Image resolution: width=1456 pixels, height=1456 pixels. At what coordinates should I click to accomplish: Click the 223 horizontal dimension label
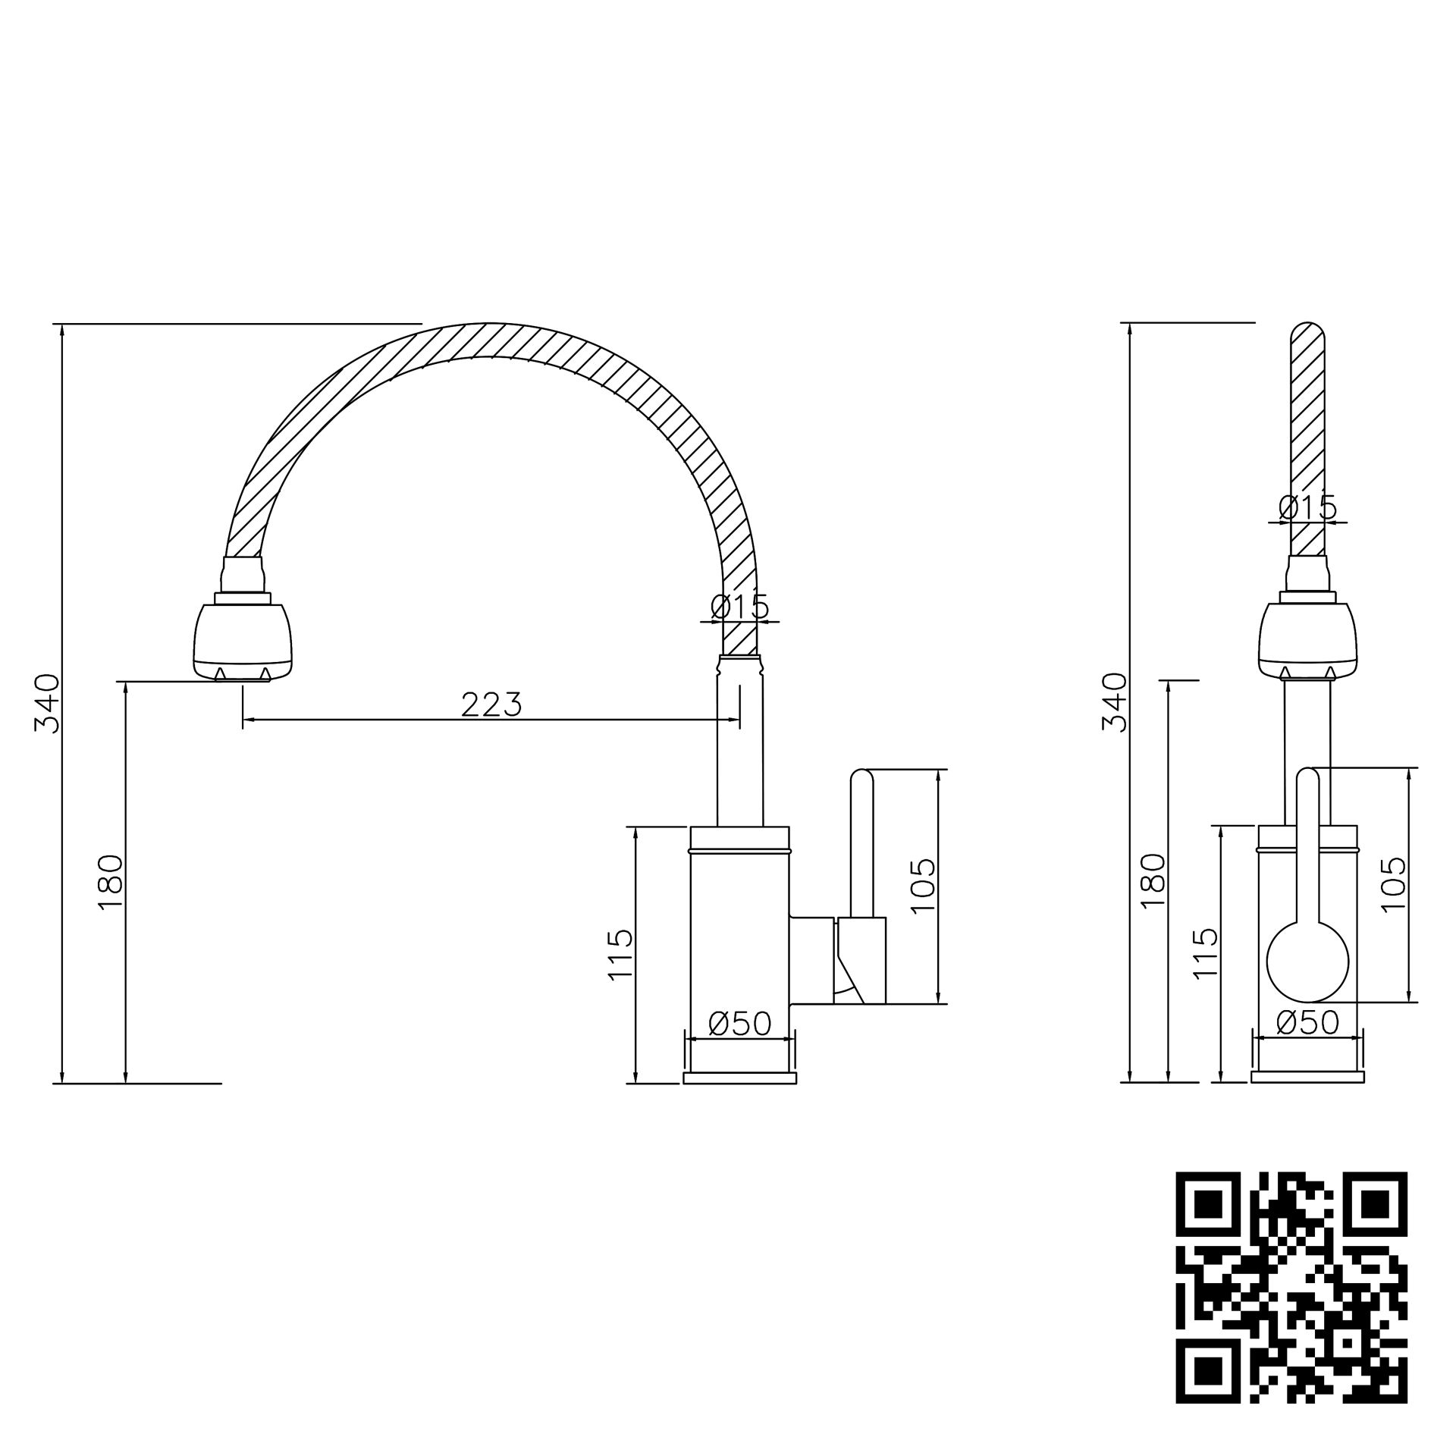pyautogui.click(x=491, y=705)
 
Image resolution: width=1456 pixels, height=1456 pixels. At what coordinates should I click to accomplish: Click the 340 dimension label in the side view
pyautogui.click(x=47, y=702)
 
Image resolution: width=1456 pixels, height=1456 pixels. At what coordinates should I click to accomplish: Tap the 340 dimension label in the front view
pyautogui.click(x=1114, y=701)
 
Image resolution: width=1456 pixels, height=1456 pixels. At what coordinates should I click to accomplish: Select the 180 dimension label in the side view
pyautogui.click(x=111, y=882)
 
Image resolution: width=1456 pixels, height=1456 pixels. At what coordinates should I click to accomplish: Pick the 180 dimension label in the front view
pyautogui.click(x=1153, y=881)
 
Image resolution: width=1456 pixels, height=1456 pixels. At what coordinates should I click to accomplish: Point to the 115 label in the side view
pyautogui.click(x=620, y=955)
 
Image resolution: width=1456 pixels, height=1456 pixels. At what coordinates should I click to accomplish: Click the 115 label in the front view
pyautogui.click(x=1205, y=954)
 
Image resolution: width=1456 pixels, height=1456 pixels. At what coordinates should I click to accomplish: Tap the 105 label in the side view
pyautogui.click(x=922, y=886)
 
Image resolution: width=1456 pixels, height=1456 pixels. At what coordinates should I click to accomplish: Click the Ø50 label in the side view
pyautogui.click(x=739, y=1024)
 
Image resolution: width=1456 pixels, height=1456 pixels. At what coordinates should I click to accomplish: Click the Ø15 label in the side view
pyautogui.click(x=739, y=607)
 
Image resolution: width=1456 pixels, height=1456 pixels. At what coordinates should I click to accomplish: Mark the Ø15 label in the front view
pyautogui.click(x=1307, y=507)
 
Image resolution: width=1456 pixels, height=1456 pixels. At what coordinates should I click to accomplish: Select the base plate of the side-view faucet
pyautogui.click(x=739, y=1078)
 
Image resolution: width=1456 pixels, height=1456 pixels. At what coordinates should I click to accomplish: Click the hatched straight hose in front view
pyautogui.click(x=1308, y=425)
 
